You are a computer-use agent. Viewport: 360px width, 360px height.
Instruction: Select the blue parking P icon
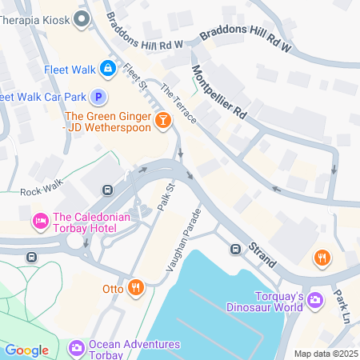click(x=98, y=98)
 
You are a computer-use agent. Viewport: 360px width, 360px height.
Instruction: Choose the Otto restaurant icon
click(x=137, y=287)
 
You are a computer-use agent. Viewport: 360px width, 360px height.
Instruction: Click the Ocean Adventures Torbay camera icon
click(x=77, y=348)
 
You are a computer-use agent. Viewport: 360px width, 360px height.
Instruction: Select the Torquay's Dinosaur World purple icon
click(x=315, y=301)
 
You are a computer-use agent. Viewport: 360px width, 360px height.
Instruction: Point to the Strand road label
click(x=262, y=250)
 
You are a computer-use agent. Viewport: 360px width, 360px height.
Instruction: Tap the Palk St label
click(x=166, y=197)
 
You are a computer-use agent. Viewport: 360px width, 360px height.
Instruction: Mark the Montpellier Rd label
click(x=218, y=94)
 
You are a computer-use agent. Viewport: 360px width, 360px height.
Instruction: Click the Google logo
click(x=26, y=350)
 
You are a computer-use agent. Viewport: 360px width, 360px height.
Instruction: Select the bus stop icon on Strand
click(x=237, y=249)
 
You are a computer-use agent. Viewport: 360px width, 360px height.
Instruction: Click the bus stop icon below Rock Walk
click(x=106, y=190)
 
